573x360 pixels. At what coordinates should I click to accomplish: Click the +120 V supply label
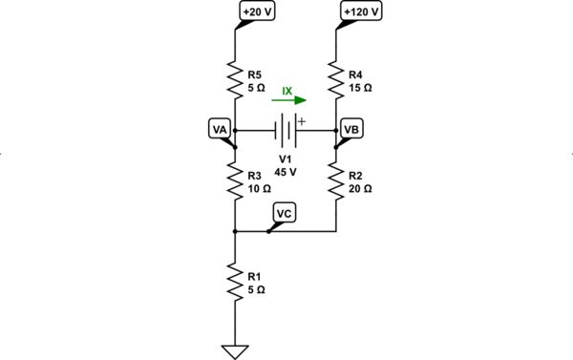[x=360, y=12]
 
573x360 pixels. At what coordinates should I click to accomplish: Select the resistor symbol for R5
[x=235, y=77]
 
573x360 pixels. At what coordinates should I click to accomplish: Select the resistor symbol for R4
[x=337, y=77]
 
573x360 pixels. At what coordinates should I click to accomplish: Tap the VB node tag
[x=351, y=129]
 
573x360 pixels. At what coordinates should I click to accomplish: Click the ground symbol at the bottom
[x=235, y=349]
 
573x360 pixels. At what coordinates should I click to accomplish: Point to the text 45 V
[x=286, y=173]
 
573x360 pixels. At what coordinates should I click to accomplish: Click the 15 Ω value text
[x=360, y=85]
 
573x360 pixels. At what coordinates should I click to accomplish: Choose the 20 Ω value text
[x=360, y=189]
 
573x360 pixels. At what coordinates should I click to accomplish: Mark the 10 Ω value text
[x=259, y=189]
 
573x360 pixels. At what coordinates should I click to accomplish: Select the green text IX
[x=286, y=91]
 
